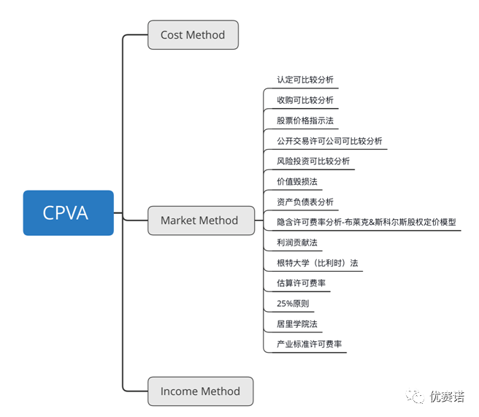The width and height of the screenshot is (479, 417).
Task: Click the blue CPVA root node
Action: click(68, 213)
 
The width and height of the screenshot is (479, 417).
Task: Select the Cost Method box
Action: click(193, 34)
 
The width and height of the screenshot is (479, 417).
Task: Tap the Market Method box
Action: click(199, 221)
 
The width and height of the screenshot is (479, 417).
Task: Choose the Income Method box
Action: click(200, 391)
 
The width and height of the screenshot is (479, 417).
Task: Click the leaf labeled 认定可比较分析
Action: click(304, 80)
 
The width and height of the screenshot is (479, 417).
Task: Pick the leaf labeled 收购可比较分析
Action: click(304, 100)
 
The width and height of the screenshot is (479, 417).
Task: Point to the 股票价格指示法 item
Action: click(304, 120)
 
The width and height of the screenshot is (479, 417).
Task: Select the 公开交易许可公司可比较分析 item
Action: click(329, 141)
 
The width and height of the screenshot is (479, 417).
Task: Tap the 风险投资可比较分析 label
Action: click(313, 161)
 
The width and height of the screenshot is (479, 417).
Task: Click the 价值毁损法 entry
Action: click(296, 181)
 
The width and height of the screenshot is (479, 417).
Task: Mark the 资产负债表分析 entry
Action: click(304, 202)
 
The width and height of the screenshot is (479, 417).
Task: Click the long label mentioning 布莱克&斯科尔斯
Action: click(366, 221)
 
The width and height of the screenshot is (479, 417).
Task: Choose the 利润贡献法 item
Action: click(296, 242)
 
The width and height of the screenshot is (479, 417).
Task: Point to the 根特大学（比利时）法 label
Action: click(317, 262)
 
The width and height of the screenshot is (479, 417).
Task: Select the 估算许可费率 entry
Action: click(301, 283)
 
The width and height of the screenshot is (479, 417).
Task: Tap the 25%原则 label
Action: click(292, 303)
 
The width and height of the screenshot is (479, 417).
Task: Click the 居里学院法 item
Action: click(296, 324)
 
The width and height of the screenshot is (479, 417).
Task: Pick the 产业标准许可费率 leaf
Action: click(309, 344)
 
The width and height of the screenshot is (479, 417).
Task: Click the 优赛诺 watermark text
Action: click(447, 397)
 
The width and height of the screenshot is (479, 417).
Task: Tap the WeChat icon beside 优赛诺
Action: click(415, 397)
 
